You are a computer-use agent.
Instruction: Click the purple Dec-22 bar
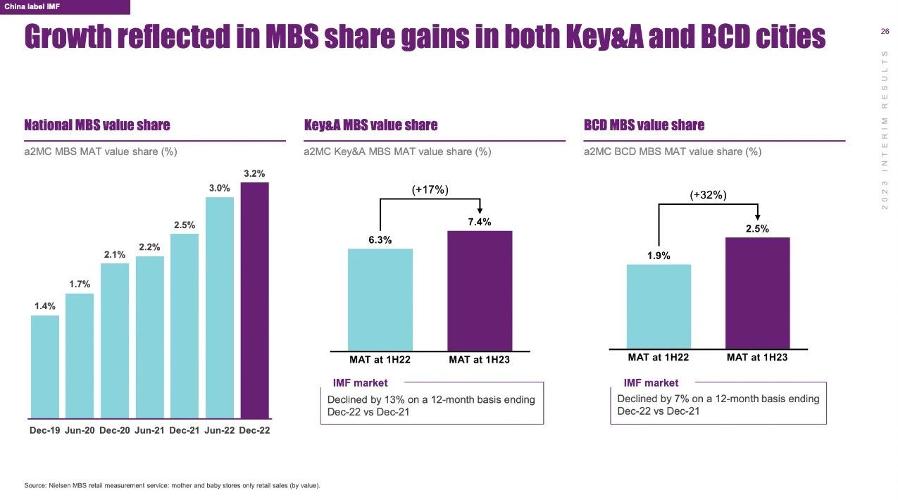tap(254, 300)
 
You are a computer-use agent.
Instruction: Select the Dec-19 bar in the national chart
tap(45, 366)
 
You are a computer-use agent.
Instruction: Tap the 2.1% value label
tap(115, 255)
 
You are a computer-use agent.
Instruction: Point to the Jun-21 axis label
tap(149, 430)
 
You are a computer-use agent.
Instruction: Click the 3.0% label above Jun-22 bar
tap(219, 188)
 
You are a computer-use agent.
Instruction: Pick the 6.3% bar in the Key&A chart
tap(380, 299)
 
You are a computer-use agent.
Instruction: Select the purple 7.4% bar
tap(480, 290)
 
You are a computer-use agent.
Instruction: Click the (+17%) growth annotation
tap(430, 189)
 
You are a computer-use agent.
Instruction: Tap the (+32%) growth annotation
tap(708, 195)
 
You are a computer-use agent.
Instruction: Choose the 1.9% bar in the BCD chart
tap(659, 306)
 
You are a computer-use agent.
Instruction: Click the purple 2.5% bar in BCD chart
tap(758, 292)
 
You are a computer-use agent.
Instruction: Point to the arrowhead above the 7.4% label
tap(480, 209)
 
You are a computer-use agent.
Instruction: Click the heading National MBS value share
tap(97, 125)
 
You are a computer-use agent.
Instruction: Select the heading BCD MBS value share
tap(644, 125)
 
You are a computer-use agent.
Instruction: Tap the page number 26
tap(885, 31)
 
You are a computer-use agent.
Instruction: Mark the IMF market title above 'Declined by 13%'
tap(360, 383)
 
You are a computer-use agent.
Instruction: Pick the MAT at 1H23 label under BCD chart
tap(757, 358)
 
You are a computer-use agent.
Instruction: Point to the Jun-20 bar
tap(80, 356)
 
